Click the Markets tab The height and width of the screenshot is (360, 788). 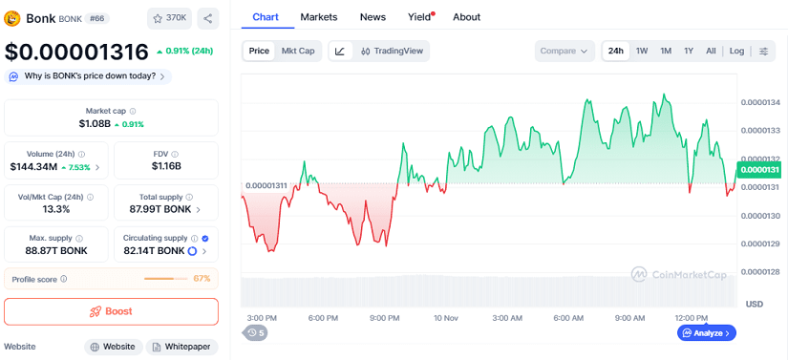[318, 17]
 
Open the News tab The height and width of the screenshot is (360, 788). [373, 17]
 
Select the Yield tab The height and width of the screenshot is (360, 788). [419, 17]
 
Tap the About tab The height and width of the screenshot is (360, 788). [466, 17]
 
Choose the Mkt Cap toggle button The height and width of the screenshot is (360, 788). [298, 51]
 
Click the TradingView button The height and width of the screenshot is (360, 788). [392, 51]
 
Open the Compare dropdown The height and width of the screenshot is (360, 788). [564, 51]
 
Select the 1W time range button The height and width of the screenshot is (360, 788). [642, 51]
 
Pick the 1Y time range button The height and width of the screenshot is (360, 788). [689, 51]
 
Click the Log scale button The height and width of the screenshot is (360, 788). [736, 51]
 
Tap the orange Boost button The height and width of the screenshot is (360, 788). [111, 311]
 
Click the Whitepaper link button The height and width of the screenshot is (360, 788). [181, 348]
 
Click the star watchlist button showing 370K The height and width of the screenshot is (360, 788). [169, 18]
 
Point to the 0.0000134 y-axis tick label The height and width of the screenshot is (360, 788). [760, 102]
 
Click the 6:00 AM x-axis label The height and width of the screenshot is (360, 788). [568, 318]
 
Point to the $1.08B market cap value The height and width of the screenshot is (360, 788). [95, 124]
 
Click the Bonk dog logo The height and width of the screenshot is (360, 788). [13, 18]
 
